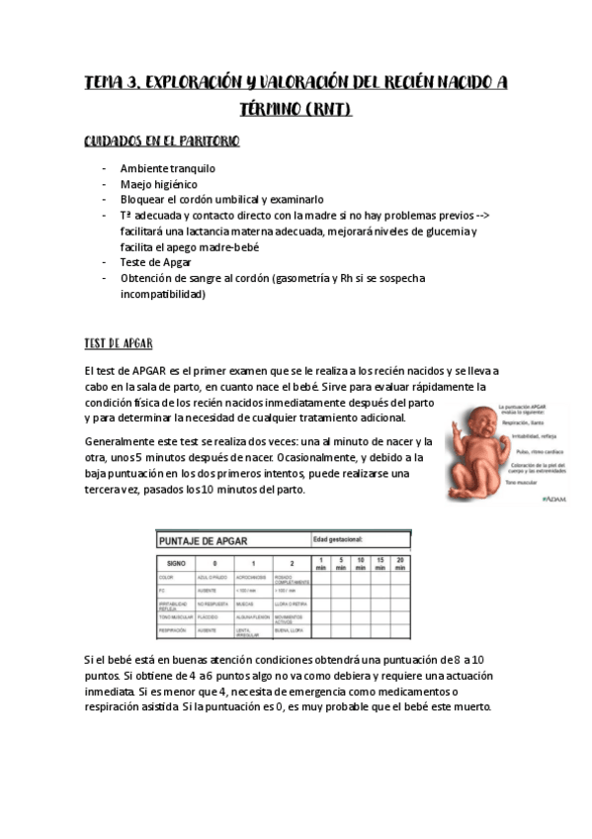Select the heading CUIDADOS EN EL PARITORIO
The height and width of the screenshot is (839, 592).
161,141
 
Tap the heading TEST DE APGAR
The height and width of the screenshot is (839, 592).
117,343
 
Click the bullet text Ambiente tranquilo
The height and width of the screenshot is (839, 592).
167,168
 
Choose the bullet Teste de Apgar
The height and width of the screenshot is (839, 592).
157,262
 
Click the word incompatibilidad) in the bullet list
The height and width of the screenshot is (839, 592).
163,294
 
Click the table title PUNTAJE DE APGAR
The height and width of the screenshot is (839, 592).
205,540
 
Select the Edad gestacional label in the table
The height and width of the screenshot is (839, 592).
339,539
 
